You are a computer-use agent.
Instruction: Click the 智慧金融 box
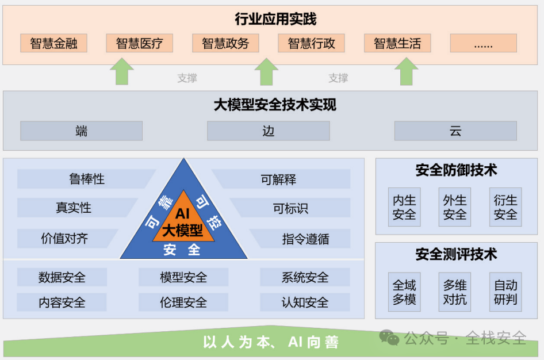coord(53,43)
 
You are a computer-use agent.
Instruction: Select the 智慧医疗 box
coord(140,43)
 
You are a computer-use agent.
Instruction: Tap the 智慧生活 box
coord(397,43)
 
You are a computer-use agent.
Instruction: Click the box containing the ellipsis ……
coord(483,43)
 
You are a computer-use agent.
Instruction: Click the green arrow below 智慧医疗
coord(121,72)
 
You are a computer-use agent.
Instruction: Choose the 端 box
coord(81,131)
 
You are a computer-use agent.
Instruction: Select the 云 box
coord(455,131)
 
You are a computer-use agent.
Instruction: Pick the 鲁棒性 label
coord(86,179)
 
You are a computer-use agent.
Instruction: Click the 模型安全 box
coord(183,277)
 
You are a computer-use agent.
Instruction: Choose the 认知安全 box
coord(305,302)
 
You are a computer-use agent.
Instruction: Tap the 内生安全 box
coord(404,207)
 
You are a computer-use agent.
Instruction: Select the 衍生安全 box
coord(505,207)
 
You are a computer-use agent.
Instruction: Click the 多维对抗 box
coord(455,292)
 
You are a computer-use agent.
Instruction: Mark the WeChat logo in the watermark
coord(390,338)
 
